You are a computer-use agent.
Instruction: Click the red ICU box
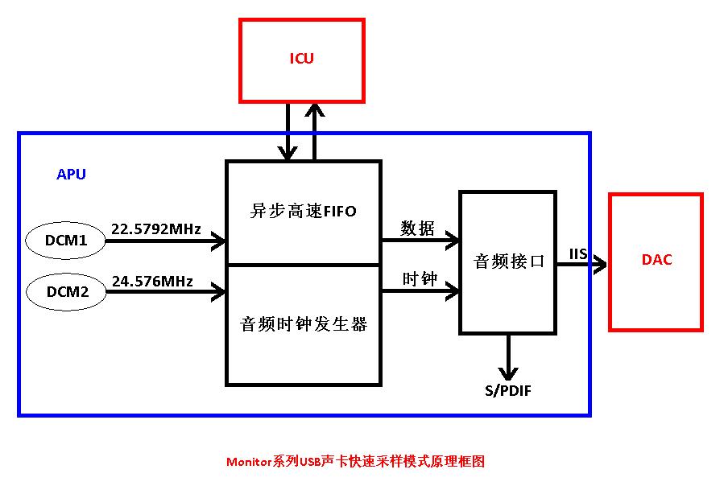point(302,60)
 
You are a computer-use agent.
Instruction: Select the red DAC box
point(656,261)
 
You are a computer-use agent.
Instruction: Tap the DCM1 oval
point(66,240)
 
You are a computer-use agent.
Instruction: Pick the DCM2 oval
point(66,291)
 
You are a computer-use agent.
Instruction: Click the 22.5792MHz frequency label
point(155,229)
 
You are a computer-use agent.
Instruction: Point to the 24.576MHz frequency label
point(152,281)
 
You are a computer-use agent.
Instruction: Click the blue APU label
point(71,174)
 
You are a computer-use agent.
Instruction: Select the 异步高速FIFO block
point(303,212)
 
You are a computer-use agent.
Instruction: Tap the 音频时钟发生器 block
point(303,324)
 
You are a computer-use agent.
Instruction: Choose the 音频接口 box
point(508,262)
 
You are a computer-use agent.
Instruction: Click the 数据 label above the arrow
point(419,229)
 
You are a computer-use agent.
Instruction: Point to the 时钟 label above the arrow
point(419,279)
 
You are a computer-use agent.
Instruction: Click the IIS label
point(578,254)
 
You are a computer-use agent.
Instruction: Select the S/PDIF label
point(507,391)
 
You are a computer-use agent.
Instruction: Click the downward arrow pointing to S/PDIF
point(507,357)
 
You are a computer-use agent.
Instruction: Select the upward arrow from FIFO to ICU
point(314,133)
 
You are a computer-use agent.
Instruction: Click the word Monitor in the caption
point(249,462)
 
